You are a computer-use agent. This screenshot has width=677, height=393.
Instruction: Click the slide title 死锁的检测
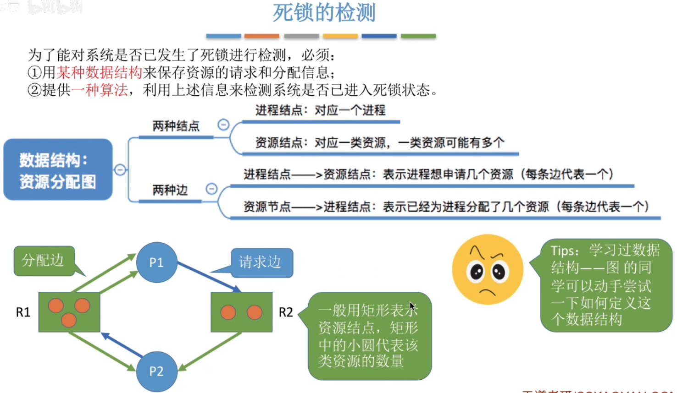[x=324, y=13]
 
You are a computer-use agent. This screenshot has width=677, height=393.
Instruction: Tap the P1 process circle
[x=156, y=262]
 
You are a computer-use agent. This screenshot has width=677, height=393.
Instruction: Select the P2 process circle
[x=156, y=371]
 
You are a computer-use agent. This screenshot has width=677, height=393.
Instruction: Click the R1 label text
[x=23, y=312]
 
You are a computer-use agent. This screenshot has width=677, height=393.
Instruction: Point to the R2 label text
[x=286, y=312]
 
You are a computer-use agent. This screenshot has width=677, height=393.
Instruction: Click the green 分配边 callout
[x=44, y=261]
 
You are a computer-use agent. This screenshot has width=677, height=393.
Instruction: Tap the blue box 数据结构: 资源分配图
[x=58, y=170]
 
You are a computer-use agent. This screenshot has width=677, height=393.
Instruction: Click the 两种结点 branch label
[x=176, y=126]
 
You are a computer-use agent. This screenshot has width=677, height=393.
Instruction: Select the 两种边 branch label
[x=170, y=190]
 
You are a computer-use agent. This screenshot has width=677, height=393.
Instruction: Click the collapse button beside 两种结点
[x=223, y=125]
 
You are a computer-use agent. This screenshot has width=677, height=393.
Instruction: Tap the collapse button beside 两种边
[x=211, y=189]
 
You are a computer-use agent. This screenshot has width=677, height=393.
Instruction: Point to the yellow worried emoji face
[x=487, y=269]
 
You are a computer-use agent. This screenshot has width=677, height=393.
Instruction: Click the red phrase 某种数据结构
[x=99, y=72]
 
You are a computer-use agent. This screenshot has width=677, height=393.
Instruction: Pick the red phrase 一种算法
[x=99, y=90]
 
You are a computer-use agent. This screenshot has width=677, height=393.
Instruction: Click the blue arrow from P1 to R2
[x=209, y=277]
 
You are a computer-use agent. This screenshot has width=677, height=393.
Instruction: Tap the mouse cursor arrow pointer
[x=412, y=306]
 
